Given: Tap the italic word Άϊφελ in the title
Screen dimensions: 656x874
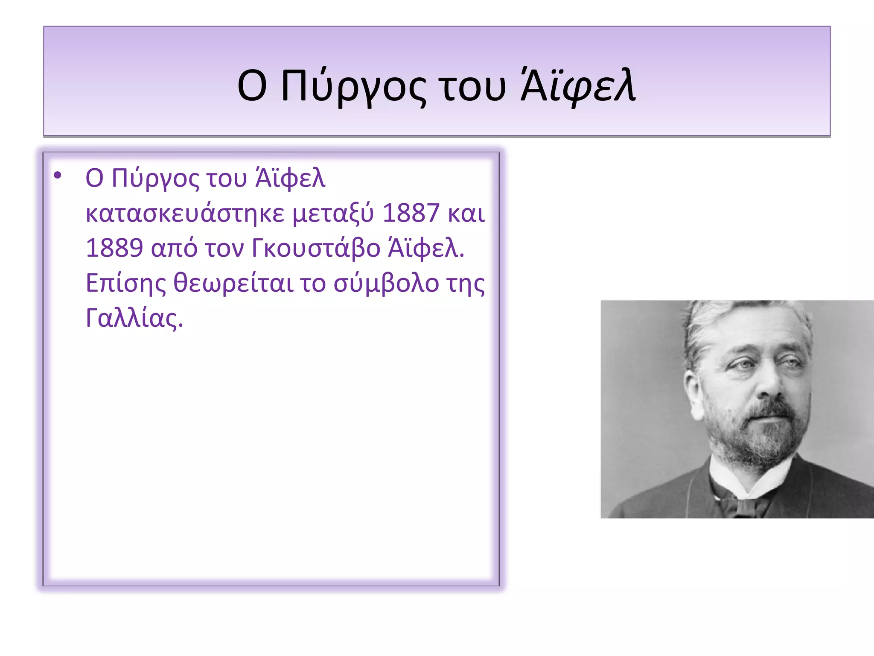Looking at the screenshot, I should pyautogui.click(x=578, y=87).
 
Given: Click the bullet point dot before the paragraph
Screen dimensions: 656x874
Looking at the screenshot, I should pyautogui.click(x=58, y=175).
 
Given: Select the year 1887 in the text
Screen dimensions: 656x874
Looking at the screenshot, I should pyautogui.click(x=411, y=213).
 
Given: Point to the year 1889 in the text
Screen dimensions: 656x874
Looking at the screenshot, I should pyautogui.click(x=114, y=248).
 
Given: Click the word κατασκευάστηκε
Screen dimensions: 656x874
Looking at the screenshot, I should pyautogui.click(x=185, y=213).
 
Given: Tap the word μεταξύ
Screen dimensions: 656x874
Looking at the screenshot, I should pyautogui.click(x=333, y=213).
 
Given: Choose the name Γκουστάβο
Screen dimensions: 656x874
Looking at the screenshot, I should pyautogui.click(x=316, y=248).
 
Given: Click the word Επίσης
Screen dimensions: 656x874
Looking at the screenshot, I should pyautogui.click(x=125, y=283).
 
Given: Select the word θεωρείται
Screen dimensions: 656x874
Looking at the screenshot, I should pyautogui.click(x=233, y=283).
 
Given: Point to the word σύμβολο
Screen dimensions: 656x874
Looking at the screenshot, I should pyautogui.click(x=386, y=283).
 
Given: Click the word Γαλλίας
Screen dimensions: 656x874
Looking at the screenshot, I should pyautogui.click(x=134, y=318).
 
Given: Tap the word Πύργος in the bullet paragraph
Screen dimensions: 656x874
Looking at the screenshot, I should pyautogui.click(x=155, y=179).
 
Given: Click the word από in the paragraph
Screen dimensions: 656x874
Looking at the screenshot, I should pyautogui.click(x=174, y=248).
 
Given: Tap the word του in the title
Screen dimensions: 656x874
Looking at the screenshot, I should pyautogui.click(x=473, y=87).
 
